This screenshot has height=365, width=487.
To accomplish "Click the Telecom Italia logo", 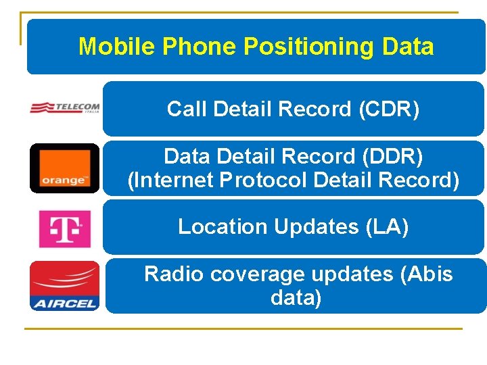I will pyautogui.click(x=65, y=108).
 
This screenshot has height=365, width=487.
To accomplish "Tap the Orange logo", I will pyautogui.click(x=65, y=168).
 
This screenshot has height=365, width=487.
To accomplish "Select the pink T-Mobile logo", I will pyautogui.click(x=65, y=228).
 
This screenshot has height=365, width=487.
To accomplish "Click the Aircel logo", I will pyautogui.click(x=65, y=286).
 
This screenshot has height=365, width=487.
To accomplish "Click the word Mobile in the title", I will pyautogui.click(x=119, y=47).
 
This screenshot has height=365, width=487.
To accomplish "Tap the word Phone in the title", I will pyautogui.click(x=202, y=47).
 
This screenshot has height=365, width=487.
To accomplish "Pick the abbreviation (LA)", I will pyautogui.click(x=387, y=227).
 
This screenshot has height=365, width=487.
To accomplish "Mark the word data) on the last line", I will pyautogui.click(x=296, y=297).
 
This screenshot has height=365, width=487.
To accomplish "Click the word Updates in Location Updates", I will pyautogui.click(x=316, y=227).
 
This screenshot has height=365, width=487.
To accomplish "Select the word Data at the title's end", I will pyautogui.click(x=408, y=47).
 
